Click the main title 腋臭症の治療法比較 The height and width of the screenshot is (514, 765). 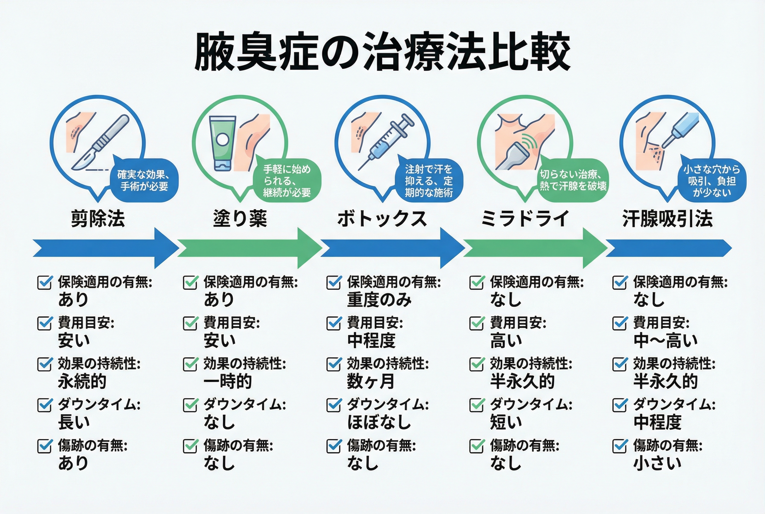click(382, 52)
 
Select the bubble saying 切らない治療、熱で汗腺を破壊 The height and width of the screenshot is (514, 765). click(573, 180)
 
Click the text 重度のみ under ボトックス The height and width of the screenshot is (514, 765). click(379, 300)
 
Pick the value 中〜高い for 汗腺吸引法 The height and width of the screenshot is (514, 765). click(665, 341)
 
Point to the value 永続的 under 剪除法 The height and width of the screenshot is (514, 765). click(82, 381)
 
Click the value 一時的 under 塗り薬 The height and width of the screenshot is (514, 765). click(228, 381)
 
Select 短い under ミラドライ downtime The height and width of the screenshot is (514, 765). click(506, 422)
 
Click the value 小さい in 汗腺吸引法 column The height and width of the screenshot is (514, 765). click(657, 463)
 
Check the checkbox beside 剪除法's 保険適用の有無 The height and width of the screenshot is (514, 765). click(44, 282)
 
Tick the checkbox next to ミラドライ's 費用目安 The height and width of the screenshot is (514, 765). click(477, 323)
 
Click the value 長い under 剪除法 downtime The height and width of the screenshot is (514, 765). click(74, 422)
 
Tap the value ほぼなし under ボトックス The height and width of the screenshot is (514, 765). click(379, 422)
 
